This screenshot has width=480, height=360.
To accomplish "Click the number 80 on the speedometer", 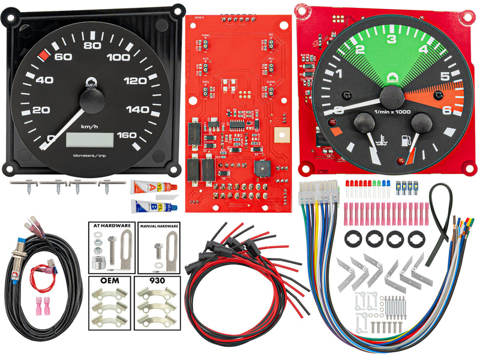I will (x=92, y=46).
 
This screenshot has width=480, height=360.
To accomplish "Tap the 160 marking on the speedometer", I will (x=127, y=135).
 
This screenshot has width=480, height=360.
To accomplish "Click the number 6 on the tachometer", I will (x=446, y=110).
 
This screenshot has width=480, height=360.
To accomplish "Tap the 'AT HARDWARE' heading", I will (x=112, y=226).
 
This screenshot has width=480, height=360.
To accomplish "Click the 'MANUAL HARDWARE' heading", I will (x=159, y=227).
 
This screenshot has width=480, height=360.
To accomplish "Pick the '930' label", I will (x=158, y=281).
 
